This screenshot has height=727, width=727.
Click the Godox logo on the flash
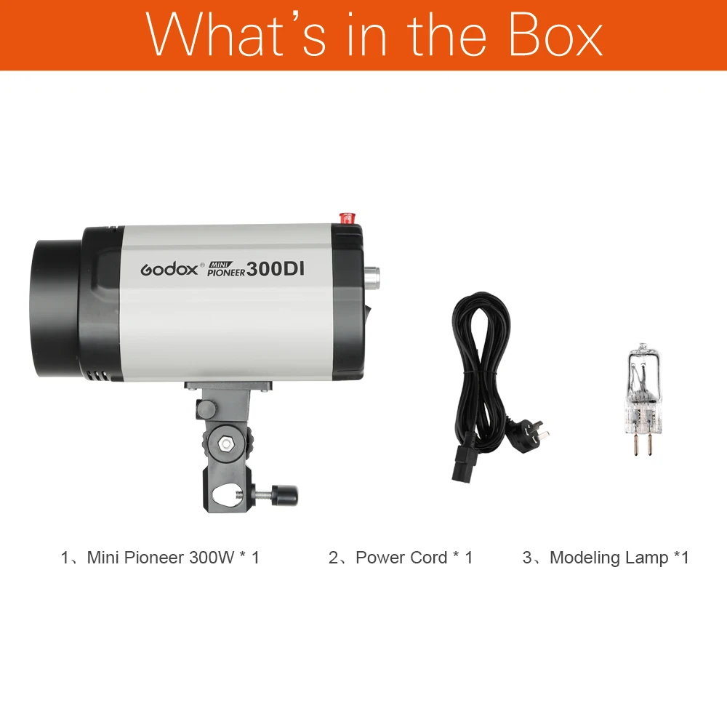tap(169, 268)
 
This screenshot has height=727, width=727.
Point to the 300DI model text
tap(275, 268)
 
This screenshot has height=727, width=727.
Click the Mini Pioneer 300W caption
tap(160, 558)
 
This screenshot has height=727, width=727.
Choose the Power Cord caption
tap(401, 558)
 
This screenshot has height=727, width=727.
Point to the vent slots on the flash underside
tap(97, 376)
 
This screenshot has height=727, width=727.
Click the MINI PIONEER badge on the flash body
tap(225, 269)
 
